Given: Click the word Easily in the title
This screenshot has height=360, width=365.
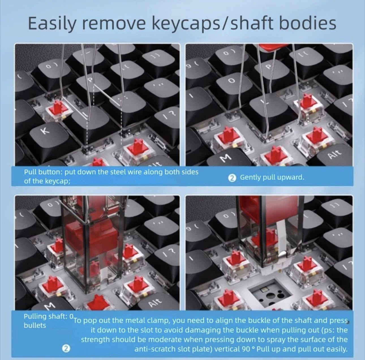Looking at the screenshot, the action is coord(51,24).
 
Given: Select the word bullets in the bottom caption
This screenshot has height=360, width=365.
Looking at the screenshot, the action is coord(35,325).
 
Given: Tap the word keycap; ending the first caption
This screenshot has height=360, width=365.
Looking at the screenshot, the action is coord(58,181).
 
